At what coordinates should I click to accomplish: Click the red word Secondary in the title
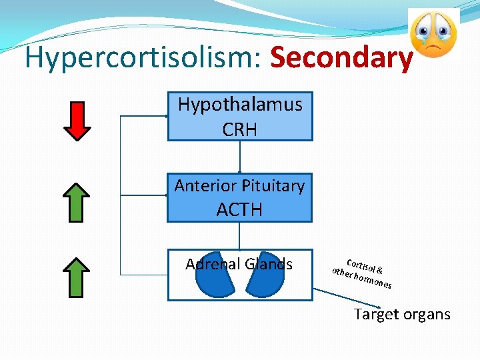[x=341, y=59]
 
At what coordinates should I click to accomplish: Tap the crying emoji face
[x=433, y=35]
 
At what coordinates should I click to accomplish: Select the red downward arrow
[x=80, y=121]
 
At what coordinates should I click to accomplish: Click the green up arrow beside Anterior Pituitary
[x=80, y=202]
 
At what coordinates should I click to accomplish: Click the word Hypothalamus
[x=240, y=105]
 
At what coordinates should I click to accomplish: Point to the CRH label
[x=240, y=129]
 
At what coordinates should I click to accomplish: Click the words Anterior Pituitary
[x=239, y=186]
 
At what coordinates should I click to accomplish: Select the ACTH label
[x=239, y=210]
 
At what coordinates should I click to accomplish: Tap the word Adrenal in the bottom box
[x=213, y=265]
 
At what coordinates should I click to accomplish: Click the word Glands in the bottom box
[x=270, y=265]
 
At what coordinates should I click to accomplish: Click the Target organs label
[x=402, y=314]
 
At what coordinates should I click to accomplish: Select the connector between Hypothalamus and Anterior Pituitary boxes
[x=239, y=157]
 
